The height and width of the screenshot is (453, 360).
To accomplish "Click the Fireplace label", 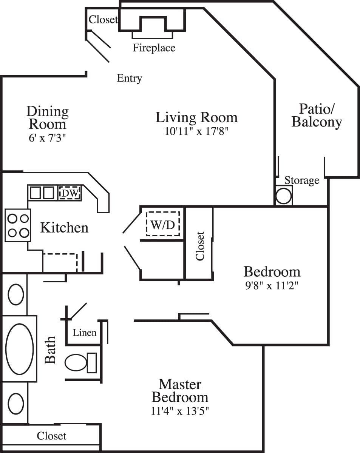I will (154, 48).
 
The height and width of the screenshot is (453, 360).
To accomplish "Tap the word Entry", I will (129, 78).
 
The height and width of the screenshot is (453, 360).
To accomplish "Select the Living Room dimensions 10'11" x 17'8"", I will (196, 131).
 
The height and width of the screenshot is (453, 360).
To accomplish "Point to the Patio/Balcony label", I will (317, 116).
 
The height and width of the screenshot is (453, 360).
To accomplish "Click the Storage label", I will (301, 180).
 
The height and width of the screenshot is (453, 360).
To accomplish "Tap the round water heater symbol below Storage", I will (283, 196).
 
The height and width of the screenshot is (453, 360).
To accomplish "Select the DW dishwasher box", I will (70, 193).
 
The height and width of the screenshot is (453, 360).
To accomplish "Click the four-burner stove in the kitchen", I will (18, 225).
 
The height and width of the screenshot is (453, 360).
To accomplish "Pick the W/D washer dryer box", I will (163, 225).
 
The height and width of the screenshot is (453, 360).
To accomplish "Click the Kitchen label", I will (64, 228).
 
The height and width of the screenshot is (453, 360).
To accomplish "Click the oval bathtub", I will (20, 348).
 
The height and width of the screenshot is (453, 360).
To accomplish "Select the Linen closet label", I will (85, 333).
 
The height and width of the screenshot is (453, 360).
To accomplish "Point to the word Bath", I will (50, 350).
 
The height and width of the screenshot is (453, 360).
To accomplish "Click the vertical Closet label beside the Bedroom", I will (200, 246).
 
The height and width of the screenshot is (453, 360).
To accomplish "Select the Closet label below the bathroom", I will (51, 436).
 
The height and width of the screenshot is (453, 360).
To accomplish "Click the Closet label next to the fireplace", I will (103, 19).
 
